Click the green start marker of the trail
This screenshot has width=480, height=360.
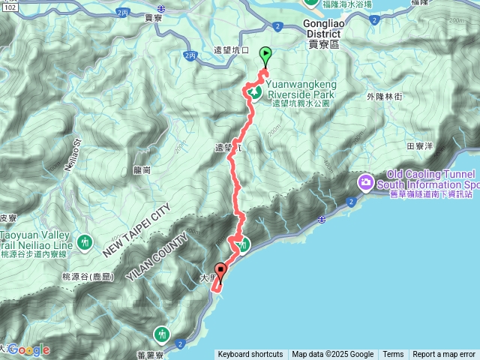click(265, 54)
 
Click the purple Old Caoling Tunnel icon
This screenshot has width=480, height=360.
click(366, 181)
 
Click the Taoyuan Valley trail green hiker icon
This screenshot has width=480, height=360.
click(85, 242)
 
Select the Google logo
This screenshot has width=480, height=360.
click(28, 349)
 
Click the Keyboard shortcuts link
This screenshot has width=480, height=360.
click(250, 355)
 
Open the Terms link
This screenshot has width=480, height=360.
click(393, 355)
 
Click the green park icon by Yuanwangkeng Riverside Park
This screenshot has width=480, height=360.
click(254, 93)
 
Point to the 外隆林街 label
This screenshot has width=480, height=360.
click(385, 97)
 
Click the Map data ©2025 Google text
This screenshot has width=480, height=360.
click(333, 355)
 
